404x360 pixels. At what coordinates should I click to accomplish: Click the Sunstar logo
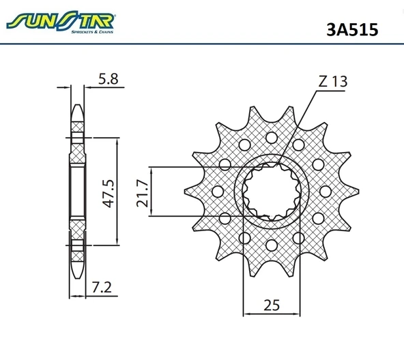click(x=61, y=22)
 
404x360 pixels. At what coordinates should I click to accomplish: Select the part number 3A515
click(x=352, y=29)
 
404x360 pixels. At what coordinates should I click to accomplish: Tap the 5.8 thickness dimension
click(x=109, y=78)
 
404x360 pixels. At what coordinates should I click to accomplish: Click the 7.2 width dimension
click(x=102, y=287)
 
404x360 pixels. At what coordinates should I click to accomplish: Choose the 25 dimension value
click(x=272, y=305)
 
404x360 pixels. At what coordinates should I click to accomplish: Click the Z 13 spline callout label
click(x=332, y=81)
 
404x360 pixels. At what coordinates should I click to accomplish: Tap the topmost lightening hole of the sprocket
click(x=272, y=138)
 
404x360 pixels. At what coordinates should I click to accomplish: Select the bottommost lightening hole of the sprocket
click(x=272, y=245)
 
